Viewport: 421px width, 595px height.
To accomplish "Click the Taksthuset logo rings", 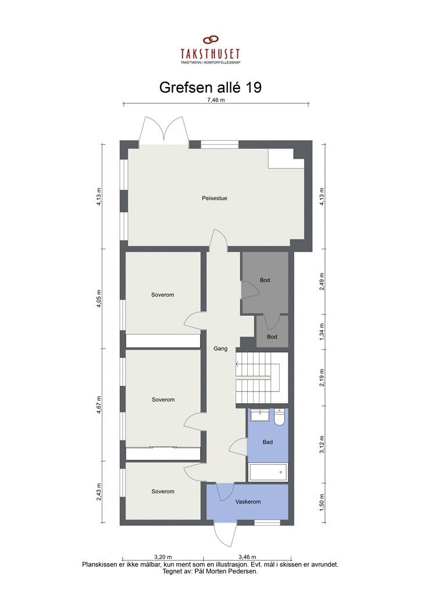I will point(210,41).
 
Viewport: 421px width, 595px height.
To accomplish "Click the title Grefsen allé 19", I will point(210,87).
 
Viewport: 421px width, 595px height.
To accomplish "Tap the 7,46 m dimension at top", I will point(216,100).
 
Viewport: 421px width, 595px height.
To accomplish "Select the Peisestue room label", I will point(214,198).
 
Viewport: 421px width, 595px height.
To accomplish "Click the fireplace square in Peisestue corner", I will point(286,159).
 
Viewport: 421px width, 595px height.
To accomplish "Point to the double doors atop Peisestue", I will point(163,131).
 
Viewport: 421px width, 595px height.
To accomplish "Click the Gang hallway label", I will point(220,349).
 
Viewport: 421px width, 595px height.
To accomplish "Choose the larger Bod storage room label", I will point(265,280).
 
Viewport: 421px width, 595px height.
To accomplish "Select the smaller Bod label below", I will point(272,337).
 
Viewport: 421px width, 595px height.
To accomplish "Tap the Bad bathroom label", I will point(267,442).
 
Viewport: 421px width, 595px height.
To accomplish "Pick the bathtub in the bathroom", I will point(267,472).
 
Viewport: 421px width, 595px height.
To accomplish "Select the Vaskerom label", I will point(247,501).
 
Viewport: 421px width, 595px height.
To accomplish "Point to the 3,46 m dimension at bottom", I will point(248,557).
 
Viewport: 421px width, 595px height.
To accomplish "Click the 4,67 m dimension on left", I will point(99,403).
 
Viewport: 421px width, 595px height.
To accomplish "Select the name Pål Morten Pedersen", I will point(235,571).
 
